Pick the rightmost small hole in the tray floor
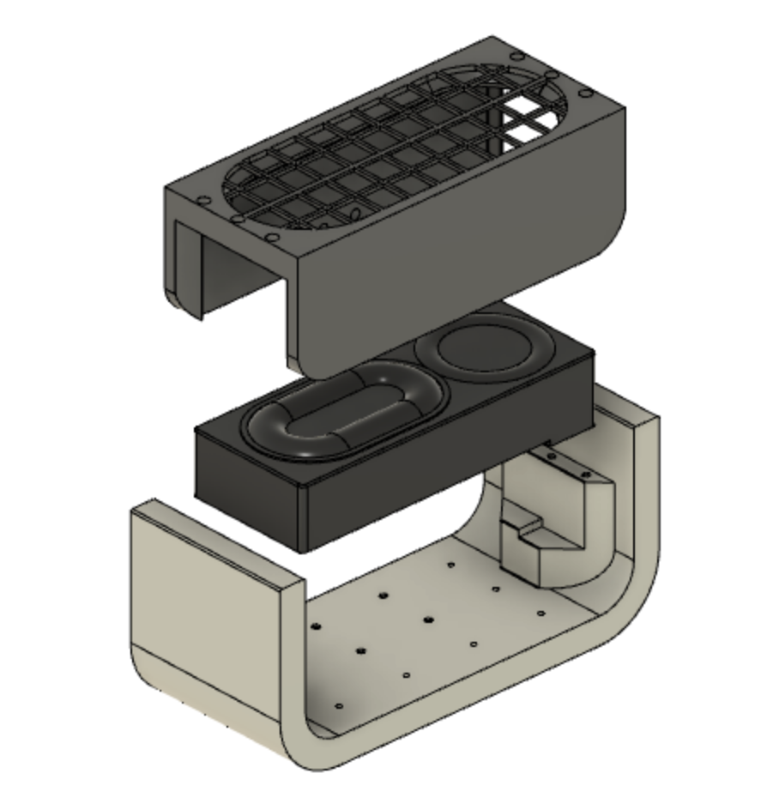(x=540, y=613)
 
